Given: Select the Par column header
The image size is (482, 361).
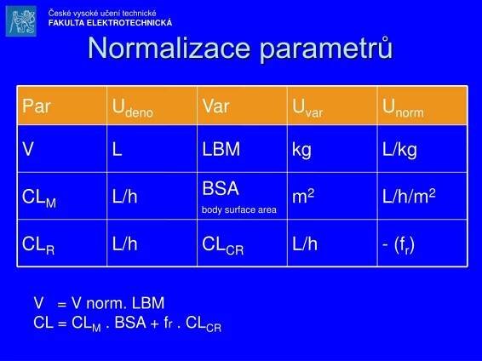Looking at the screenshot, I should [x=36, y=106].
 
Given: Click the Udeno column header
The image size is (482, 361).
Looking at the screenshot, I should [x=132, y=108].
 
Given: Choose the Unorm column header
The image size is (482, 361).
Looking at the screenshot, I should [x=403, y=108].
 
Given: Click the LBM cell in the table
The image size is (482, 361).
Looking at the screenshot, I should [x=221, y=150].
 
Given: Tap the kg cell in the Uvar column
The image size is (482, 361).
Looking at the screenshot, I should [x=301, y=151].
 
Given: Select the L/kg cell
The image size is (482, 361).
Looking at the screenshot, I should [x=399, y=150].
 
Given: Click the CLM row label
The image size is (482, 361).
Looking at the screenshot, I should [x=39, y=198].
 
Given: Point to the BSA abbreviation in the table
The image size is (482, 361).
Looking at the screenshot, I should [x=221, y=188].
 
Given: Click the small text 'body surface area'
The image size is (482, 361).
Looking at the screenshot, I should [x=238, y=209].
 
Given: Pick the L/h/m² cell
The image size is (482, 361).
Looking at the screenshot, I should [x=409, y=197].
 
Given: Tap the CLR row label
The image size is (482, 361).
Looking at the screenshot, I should [x=38, y=244].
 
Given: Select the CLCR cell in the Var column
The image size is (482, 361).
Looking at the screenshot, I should [x=223, y=244].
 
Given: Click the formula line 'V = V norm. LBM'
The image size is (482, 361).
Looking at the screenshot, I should [x=99, y=303].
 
